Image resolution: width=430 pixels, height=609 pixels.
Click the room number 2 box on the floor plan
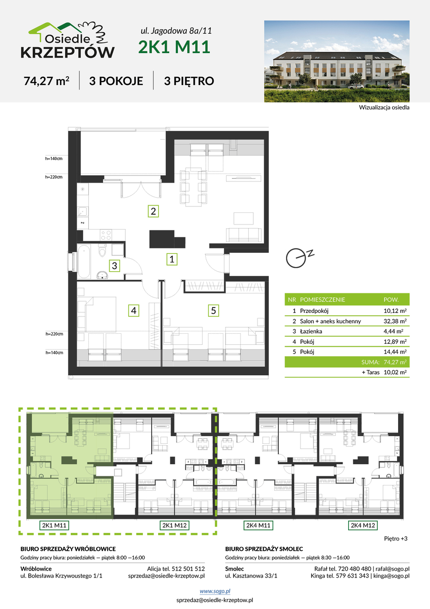pyautogui.click(x=153, y=211)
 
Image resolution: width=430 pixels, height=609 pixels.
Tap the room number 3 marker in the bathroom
pyautogui.click(x=114, y=266)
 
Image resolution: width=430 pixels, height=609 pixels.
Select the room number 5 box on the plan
pyautogui.click(x=214, y=311)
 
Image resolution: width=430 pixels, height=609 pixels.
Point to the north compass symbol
pyautogui.click(x=299, y=257)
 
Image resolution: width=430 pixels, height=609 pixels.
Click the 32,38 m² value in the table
pyautogui.click(x=395, y=321)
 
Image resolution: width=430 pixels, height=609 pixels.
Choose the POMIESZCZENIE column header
pyautogui.click(x=322, y=299)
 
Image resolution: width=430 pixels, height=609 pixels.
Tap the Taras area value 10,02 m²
pyautogui.click(x=395, y=372)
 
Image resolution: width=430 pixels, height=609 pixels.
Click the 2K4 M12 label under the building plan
pyautogui.click(x=363, y=525)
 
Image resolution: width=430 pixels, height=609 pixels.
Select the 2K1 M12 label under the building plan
pyautogui.click(x=174, y=525)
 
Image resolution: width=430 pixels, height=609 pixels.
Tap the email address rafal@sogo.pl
pyautogui.click(x=393, y=569)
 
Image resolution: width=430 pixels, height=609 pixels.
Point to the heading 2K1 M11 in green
pyautogui.click(x=174, y=47)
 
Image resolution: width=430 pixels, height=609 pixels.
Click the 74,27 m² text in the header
pyautogui.click(x=46, y=81)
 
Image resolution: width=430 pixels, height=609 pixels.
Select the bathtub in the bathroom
pyautogui.click(x=84, y=261)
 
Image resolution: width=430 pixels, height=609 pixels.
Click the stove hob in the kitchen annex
pyautogui.click(x=106, y=235)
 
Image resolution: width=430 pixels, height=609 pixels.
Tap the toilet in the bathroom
pyautogui.click(x=102, y=251)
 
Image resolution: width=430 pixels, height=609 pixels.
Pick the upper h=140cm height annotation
pyautogui.click(x=54, y=159)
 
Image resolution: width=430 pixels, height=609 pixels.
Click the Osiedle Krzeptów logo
pyautogui.click(x=68, y=40)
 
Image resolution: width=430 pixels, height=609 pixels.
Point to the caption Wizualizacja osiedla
pyautogui.click(x=384, y=107)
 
